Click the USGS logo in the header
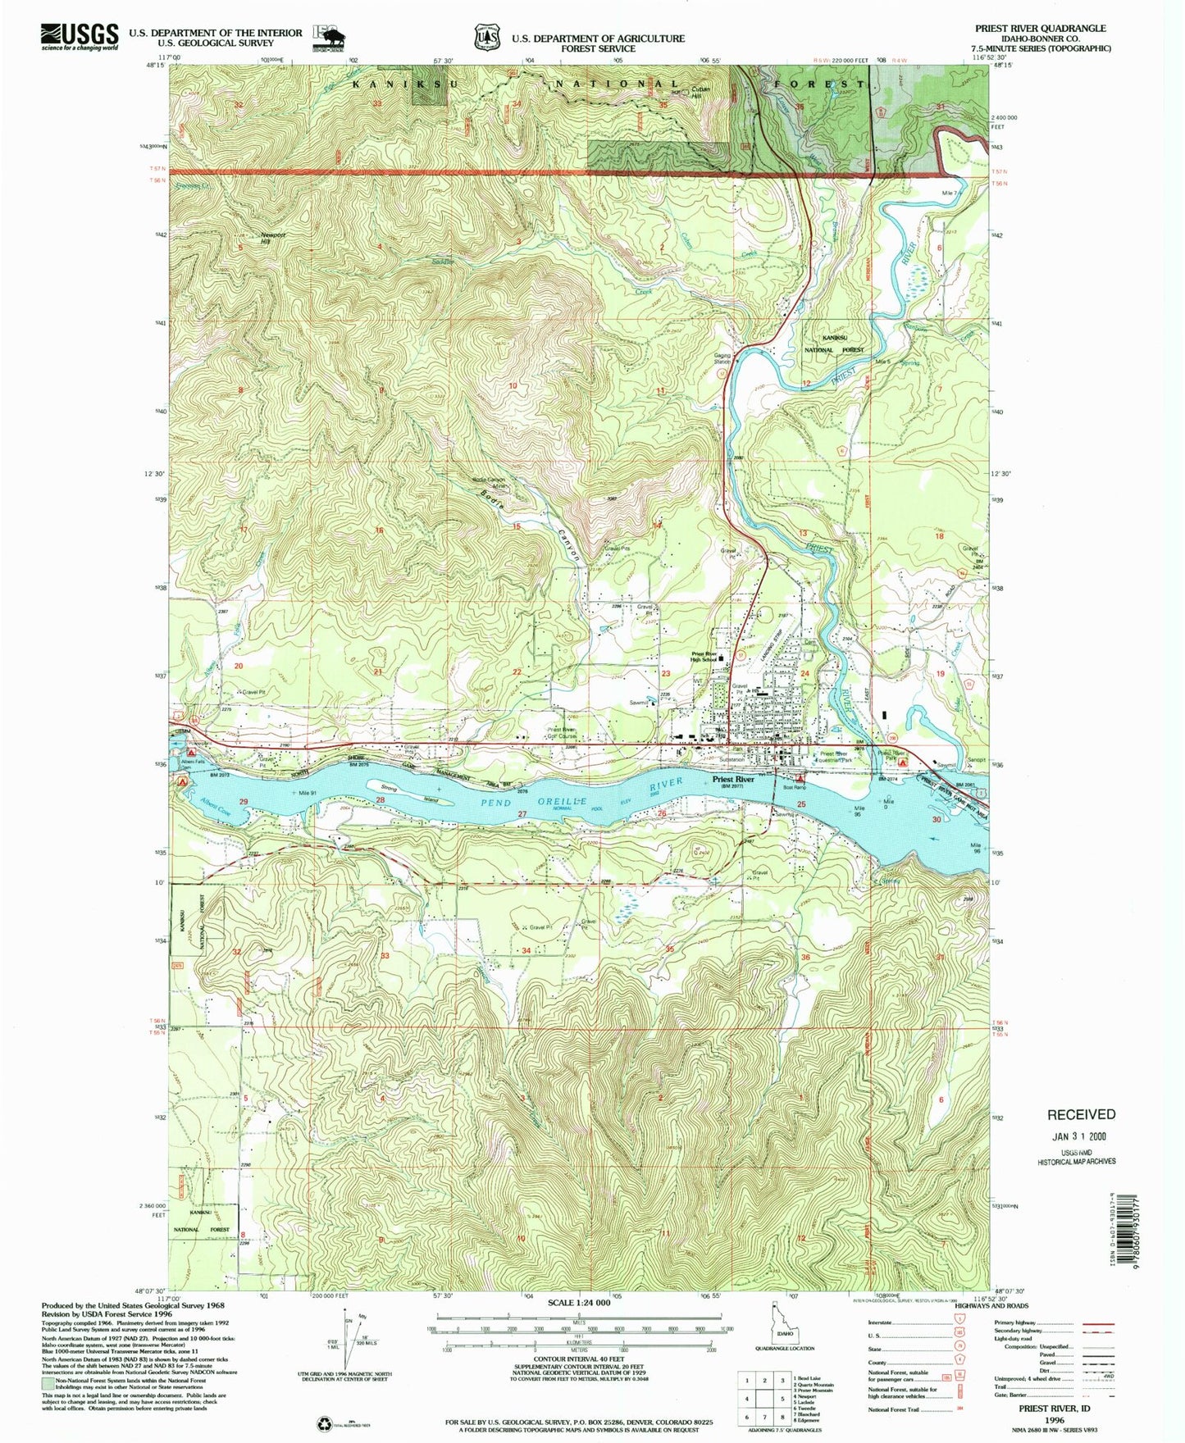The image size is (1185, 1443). pos(79,36)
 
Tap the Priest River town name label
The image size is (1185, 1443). pos(733,779)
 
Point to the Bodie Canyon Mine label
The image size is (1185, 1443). pos(490,483)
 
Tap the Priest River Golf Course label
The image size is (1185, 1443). pos(563,732)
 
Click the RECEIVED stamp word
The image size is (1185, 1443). pos(1080,1114)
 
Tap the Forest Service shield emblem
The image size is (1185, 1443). pos(485,37)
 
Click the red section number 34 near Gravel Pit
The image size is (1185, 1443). pos(526,949)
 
